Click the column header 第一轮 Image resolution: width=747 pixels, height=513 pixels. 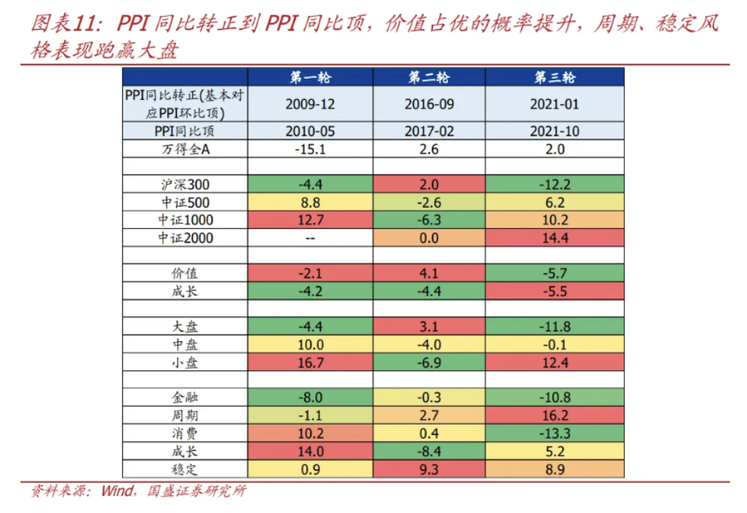click(310, 77)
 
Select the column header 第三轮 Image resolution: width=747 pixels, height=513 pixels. click(555, 77)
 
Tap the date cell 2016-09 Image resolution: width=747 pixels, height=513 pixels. click(430, 104)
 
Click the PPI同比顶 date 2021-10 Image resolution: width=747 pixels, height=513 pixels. click(555, 130)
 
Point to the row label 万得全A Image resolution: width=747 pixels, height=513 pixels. click(184, 148)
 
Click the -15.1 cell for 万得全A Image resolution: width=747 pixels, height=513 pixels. click(310, 148)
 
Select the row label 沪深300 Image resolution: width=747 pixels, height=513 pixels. click(184, 184)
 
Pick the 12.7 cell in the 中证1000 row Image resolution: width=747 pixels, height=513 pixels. click(310, 220)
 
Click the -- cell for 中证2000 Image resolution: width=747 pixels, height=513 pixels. click(310, 238)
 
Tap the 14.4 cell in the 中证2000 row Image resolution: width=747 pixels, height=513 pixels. click(555, 238)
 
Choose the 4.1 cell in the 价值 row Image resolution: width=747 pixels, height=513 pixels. click(430, 274)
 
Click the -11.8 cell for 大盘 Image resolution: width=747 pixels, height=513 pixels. click(555, 327)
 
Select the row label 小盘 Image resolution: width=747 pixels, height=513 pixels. click(184, 362)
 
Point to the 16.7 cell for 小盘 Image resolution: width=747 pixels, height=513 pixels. click(310, 362)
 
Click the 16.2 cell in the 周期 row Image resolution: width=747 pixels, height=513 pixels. click(555, 415)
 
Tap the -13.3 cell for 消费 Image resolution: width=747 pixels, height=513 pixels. click(555, 433)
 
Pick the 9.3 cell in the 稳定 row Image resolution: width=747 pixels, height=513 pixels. click(430, 469)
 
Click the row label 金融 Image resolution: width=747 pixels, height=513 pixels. click(184, 397)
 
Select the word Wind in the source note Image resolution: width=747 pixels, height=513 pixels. click(116, 492)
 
